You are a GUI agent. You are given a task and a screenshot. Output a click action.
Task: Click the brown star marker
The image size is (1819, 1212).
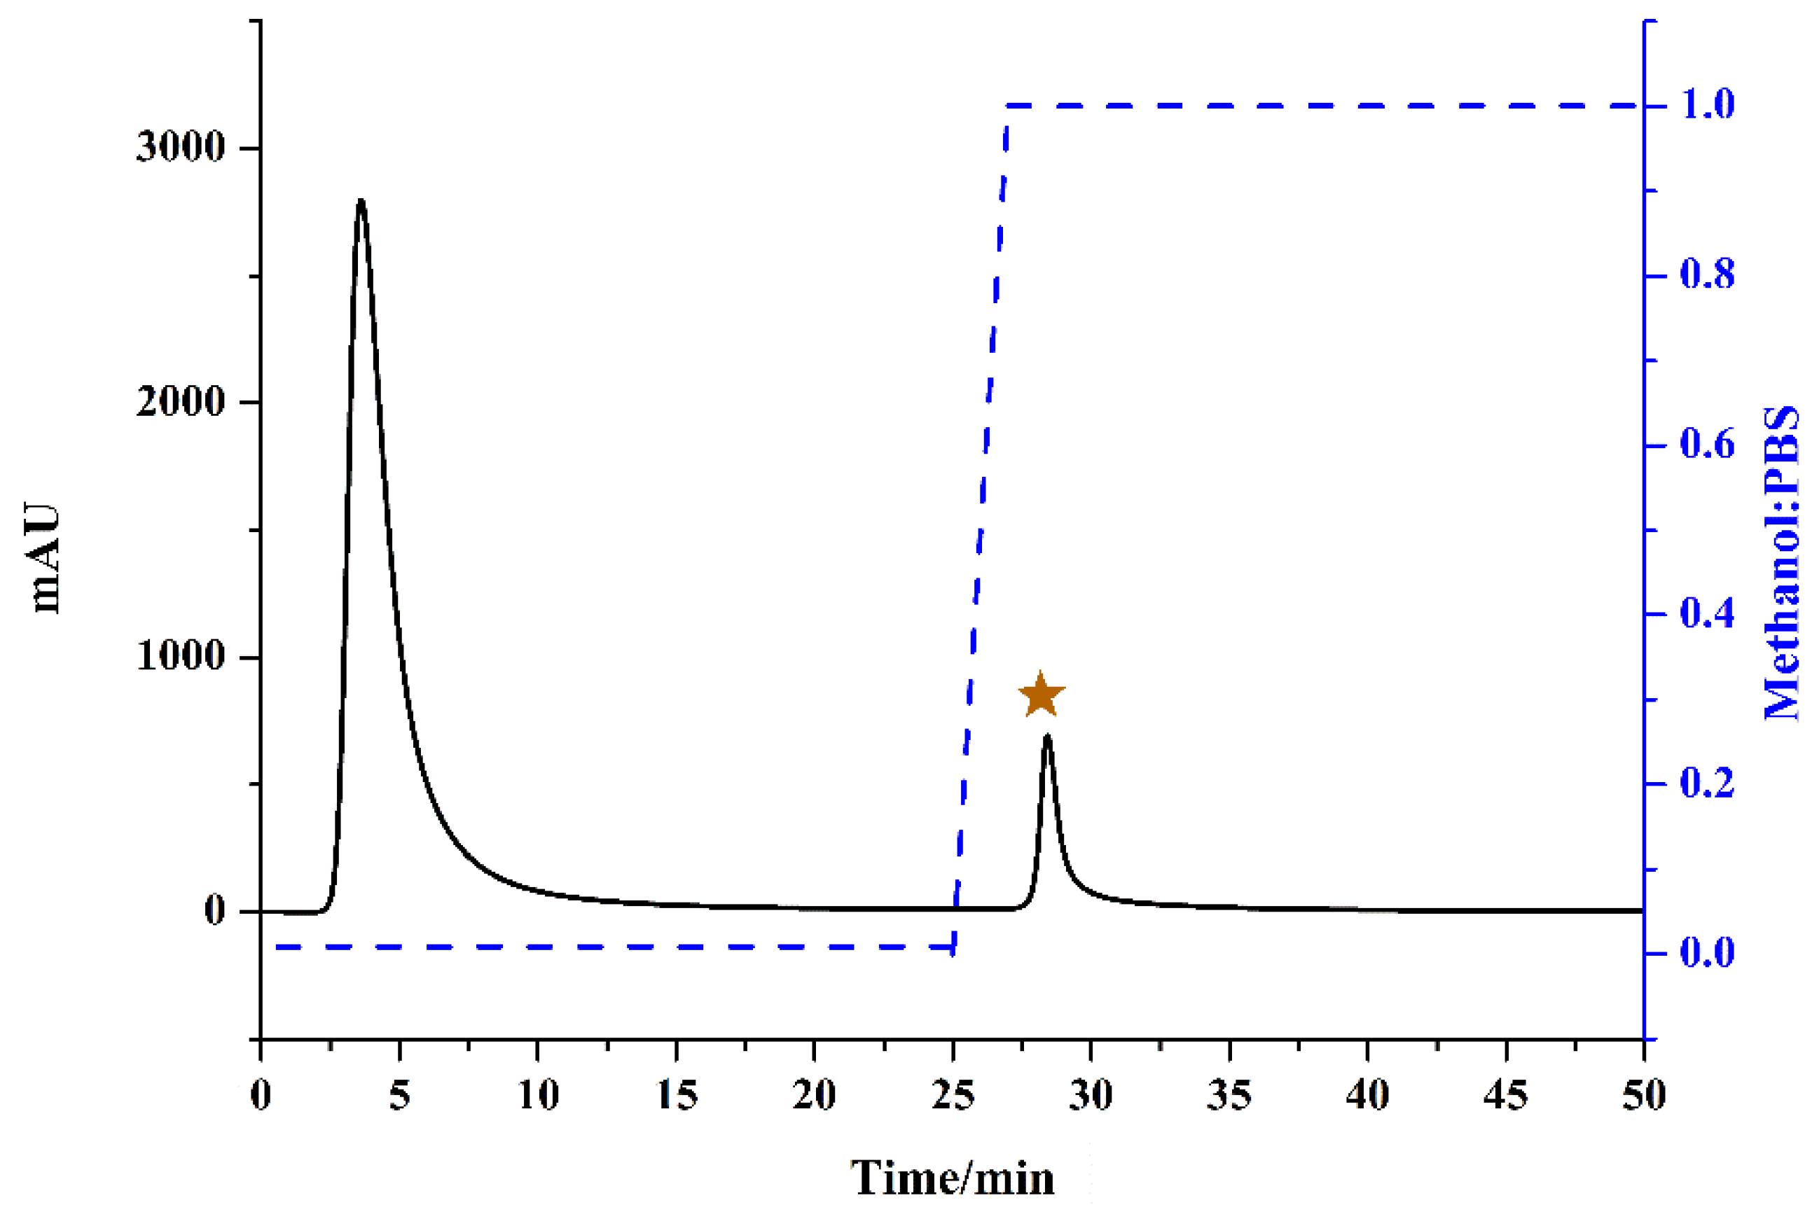point(1041,695)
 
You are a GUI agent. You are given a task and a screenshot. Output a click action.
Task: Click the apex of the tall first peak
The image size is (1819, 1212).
point(360,201)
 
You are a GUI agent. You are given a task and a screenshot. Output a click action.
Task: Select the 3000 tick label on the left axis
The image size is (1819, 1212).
point(180,147)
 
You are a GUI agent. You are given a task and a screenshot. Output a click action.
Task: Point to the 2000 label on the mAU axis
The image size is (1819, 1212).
point(180,402)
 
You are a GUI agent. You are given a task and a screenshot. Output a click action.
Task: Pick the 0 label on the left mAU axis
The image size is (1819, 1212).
point(214,910)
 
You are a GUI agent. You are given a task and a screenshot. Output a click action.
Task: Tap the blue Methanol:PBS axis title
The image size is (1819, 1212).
point(1782,563)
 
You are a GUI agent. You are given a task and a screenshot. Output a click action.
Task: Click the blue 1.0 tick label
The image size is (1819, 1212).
point(1708,104)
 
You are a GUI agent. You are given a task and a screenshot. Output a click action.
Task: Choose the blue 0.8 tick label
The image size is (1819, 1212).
point(1708,275)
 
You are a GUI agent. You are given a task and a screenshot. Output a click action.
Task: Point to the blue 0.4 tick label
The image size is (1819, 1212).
point(1708,614)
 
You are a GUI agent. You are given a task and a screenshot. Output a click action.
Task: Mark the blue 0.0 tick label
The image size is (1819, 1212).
point(1708,953)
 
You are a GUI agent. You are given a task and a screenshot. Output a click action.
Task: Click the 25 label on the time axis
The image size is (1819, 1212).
point(953,1095)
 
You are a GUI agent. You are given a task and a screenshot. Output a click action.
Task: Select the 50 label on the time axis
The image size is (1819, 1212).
point(1643,1095)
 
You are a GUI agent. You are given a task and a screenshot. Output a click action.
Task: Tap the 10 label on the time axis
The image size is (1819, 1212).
point(537,1095)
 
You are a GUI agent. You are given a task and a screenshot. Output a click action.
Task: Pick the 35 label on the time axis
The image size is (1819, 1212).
point(1229,1095)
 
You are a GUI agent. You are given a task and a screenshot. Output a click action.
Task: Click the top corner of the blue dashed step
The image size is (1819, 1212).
point(1007,105)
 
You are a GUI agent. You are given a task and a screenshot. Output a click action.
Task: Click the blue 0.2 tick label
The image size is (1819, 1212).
point(1708,783)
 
